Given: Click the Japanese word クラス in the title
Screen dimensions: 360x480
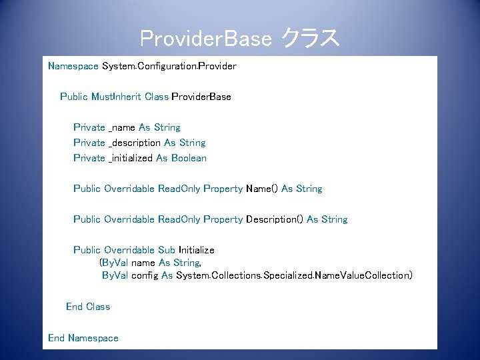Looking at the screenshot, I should click(311, 39).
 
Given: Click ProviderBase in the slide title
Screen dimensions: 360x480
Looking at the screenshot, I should click(206, 39).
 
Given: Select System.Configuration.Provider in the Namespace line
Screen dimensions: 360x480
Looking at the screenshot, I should click(169, 66).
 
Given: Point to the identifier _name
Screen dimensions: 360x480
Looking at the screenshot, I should click(122, 127).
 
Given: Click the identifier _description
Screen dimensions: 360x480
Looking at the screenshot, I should click(135, 143).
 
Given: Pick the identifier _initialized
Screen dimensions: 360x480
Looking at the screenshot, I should click(131, 158).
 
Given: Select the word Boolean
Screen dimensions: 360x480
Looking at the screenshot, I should click(189, 158).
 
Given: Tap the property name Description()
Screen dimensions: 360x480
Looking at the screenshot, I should click(275, 219).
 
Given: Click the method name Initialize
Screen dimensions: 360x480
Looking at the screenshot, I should click(197, 250).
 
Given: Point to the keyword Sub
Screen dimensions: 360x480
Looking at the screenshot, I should click(166, 250).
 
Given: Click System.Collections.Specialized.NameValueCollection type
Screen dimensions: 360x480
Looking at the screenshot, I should click(294, 275).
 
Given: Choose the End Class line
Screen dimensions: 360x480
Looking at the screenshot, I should click(88, 307).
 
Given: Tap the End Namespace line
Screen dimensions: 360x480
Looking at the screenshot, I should click(83, 338).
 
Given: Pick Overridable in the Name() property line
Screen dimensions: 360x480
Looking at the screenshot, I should click(129, 189).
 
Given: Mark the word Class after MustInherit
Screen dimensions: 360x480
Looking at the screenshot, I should click(157, 97).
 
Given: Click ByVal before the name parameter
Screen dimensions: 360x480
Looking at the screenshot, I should click(114, 263).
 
